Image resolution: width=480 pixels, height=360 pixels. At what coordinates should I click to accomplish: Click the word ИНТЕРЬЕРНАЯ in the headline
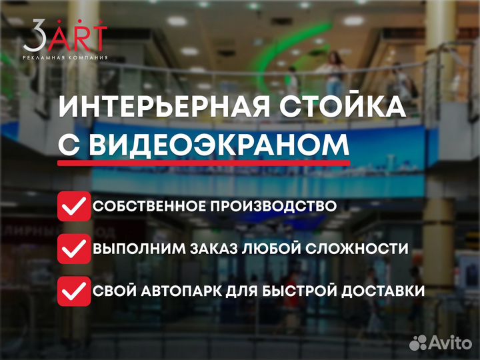[164, 106]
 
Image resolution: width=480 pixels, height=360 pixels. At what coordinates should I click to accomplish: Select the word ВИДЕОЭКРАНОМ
[219, 145]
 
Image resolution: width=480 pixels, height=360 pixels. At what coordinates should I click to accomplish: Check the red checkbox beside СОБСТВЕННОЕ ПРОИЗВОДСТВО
[74, 206]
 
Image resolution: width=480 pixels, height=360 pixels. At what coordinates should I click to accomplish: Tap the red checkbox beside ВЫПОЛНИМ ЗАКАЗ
[74, 249]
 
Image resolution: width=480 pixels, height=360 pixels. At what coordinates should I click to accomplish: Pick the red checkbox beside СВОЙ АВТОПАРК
[74, 291]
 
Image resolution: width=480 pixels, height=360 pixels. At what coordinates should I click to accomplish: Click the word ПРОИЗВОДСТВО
[273, 206]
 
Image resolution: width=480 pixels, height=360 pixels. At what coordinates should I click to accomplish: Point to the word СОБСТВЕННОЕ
[149, 206]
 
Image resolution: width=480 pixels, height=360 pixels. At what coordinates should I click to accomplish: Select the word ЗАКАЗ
[213, 249]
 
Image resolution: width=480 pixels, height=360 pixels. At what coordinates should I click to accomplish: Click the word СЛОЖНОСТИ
[357, 249]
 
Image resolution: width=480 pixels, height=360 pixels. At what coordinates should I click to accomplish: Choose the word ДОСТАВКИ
[383, 291]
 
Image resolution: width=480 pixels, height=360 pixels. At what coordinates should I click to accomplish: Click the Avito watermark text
[450, 343]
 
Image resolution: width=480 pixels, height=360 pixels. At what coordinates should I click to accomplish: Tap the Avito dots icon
[418, 343]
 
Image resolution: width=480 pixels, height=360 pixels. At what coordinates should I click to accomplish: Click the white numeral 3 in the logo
[34, 35]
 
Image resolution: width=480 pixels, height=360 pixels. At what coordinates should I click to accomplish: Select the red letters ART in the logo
[77, 35]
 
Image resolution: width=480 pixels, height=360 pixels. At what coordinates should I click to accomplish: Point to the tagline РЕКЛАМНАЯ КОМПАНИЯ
[65, 57]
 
